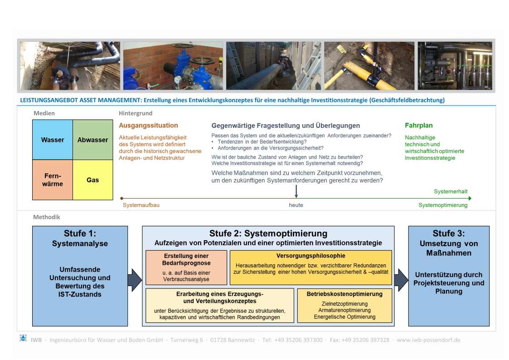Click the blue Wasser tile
tap(53, 140)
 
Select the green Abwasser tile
tap(92, 140)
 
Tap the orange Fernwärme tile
tap(53, 180)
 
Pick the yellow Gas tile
tap(92, 180)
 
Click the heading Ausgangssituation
tap(148, 126)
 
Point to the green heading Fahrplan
tap(418, 126)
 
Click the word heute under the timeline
tap(296, 205)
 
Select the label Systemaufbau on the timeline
tap(141, 205)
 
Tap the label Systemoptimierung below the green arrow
tap(442, 205)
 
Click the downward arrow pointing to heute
tap(296, 191)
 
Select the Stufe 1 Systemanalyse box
tap(80, 276)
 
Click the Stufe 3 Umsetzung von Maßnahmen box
tap(449, 276)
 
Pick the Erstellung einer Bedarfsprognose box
tap(186, 267)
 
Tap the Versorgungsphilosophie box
tap(310, 267)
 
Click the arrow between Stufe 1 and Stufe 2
tap(135, 280)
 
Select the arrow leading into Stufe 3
tap(401, 280)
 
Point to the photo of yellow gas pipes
tap(369, 66)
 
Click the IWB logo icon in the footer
tap(23, 338)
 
